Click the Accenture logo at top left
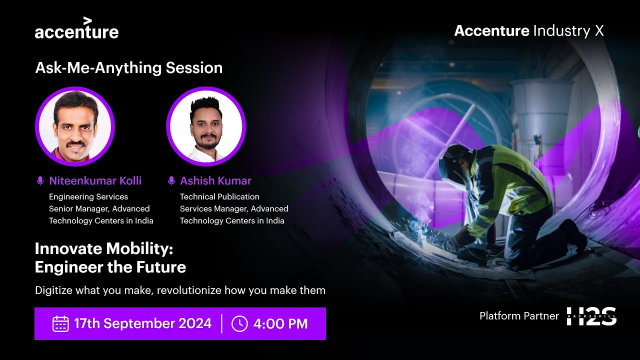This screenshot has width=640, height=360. point(76,29)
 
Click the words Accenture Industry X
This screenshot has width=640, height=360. point(528,31)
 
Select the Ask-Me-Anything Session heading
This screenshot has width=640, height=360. point(128,68)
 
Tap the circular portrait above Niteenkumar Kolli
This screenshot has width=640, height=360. point(75,126)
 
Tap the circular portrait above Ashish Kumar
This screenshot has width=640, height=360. point(206,126)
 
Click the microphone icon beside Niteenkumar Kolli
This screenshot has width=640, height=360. point(40,181)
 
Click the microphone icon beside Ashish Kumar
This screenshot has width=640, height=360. point(171,181)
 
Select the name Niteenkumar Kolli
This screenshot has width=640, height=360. point(95,181)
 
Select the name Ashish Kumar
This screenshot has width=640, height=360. point(215,181)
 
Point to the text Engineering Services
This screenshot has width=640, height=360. point(88,197)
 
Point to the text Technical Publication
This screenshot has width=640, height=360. point(219,197)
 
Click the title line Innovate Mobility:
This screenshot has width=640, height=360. point(103,248)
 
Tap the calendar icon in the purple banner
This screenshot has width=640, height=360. point(60,323)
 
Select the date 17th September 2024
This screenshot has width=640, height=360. point(142,323)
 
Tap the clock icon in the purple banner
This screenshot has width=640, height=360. point(239,323)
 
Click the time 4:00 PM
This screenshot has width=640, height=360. point(280,323)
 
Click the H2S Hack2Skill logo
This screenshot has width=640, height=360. point(591,316)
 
